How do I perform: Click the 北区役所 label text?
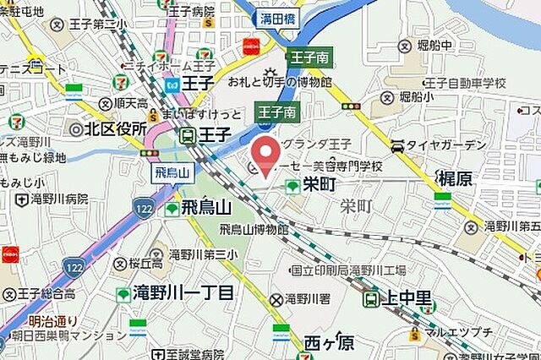111,129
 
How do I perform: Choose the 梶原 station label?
462,178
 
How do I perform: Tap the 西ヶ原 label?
329,343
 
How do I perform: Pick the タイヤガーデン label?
446,145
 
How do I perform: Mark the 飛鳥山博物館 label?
254,229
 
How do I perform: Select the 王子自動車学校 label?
465,83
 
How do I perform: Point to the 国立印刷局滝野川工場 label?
348,270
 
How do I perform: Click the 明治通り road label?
52,320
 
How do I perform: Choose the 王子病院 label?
192,12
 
